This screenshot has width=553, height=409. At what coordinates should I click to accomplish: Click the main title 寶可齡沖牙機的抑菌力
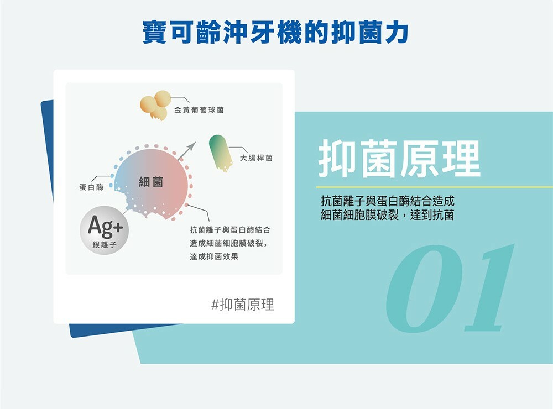click(x=275, y=33)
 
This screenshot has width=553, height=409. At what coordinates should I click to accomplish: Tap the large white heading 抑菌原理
click(x=399, y=159)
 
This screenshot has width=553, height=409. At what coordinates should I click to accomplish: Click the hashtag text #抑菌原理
click(x=243, y=305)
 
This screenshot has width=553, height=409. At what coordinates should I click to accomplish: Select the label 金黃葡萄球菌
click(x=199, y=110)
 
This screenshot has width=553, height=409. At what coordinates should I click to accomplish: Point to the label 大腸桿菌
click(x=256, y=158)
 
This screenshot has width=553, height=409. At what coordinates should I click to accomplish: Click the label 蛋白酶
click(x=91, y=187)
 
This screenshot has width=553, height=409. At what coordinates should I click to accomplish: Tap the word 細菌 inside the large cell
click(x=151, y=182)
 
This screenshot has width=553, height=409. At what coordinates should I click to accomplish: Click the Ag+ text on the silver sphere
click(x=106, y=226)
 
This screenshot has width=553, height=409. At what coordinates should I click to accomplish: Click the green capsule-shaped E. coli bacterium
click(x=221, y=153)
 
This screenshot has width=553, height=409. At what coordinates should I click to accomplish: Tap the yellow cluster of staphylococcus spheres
click(x=155, y=105)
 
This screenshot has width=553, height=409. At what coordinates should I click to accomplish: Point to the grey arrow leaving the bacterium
click(x=187, y=150)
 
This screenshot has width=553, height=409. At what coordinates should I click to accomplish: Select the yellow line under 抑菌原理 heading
click(x=435, y=187)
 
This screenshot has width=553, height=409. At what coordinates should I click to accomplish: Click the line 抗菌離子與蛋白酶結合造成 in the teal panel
click(x=388, y=201)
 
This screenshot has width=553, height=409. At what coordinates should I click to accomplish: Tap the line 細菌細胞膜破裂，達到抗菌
click(x=387, y=214)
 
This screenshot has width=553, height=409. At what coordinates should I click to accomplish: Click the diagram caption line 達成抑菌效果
click(x=214, y=256)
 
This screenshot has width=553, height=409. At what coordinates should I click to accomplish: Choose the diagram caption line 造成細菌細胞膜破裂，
click(x=228, y=243)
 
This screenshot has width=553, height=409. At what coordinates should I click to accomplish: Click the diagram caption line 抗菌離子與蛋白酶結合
click(x=230, y=230)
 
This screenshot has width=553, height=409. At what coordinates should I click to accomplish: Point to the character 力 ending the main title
click(x=397, y=33)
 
